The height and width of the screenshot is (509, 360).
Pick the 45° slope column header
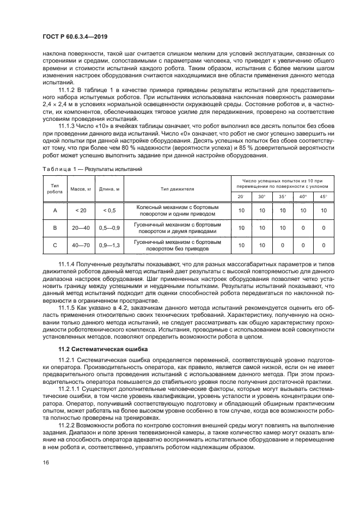tap(324, 196)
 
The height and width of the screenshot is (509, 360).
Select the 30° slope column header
tap(262, 196)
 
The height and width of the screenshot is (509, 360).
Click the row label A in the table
tap(54, 210)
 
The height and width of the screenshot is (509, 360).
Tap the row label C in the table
tap(54, 246)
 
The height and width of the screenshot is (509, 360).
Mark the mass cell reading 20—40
tap(81, 228)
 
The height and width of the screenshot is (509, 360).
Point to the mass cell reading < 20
tap(81, 210)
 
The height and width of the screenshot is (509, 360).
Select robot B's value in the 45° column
tap(324, 228)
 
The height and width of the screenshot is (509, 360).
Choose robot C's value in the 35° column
tap(282, 246)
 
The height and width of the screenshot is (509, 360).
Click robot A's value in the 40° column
tap(303, 210)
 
